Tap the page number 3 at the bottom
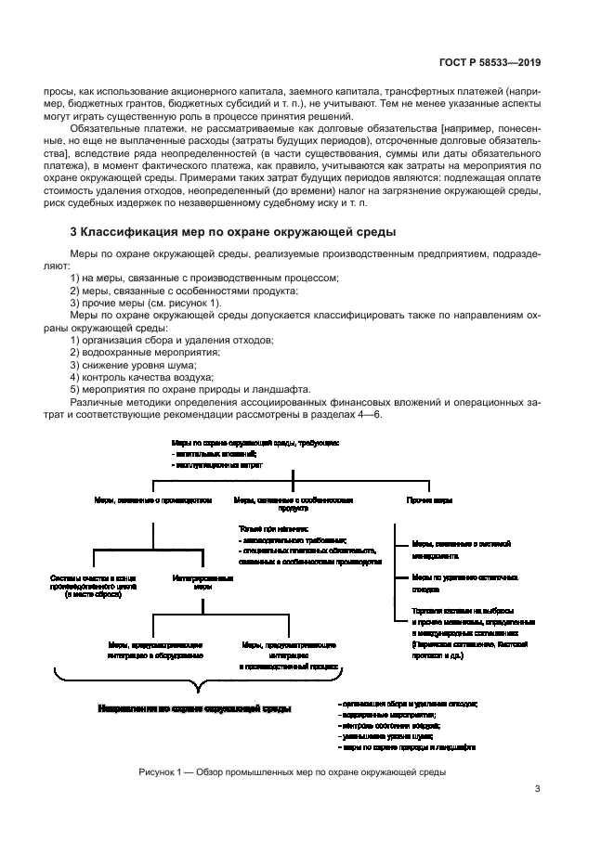[x=538, y=789]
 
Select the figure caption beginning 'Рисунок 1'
[x=293, y=771]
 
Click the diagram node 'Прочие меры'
[x=429, y=500]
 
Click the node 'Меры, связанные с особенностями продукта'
[x=294, y=504]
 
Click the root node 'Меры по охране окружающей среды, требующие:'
[x=255, y=445]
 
